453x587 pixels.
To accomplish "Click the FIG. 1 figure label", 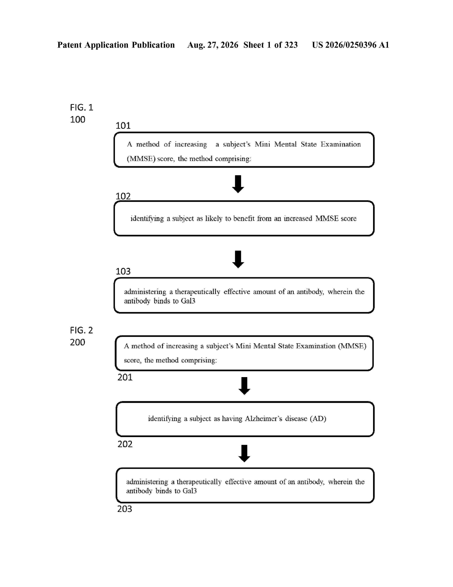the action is tap(82, 107).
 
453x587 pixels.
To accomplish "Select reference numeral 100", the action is tap(78, 119).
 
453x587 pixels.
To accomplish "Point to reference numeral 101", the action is tap(123, 126).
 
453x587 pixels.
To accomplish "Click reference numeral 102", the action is tap(123, 196).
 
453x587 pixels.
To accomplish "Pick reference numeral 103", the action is tap(123, 271).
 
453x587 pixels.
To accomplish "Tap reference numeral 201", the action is tap(125, 377).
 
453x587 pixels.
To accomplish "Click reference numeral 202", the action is tap(125, 444).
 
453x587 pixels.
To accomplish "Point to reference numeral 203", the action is tap(125, 509).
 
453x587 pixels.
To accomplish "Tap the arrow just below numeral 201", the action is tap(244, 386).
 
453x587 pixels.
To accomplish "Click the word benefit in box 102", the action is tap(244, 218).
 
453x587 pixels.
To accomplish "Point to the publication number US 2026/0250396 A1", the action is tap(350, 45).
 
